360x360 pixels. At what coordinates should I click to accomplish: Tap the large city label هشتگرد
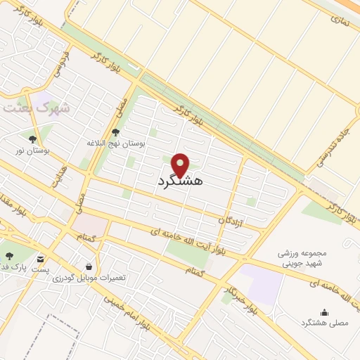(181, 181)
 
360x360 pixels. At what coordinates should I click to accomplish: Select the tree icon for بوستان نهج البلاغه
(116, 132)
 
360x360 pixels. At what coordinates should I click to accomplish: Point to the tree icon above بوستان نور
(32, 139)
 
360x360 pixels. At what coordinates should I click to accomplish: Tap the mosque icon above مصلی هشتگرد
(324, 313)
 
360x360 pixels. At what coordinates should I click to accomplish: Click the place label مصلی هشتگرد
(320, 323)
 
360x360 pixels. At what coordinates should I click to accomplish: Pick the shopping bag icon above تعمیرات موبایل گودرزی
(89, 267)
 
